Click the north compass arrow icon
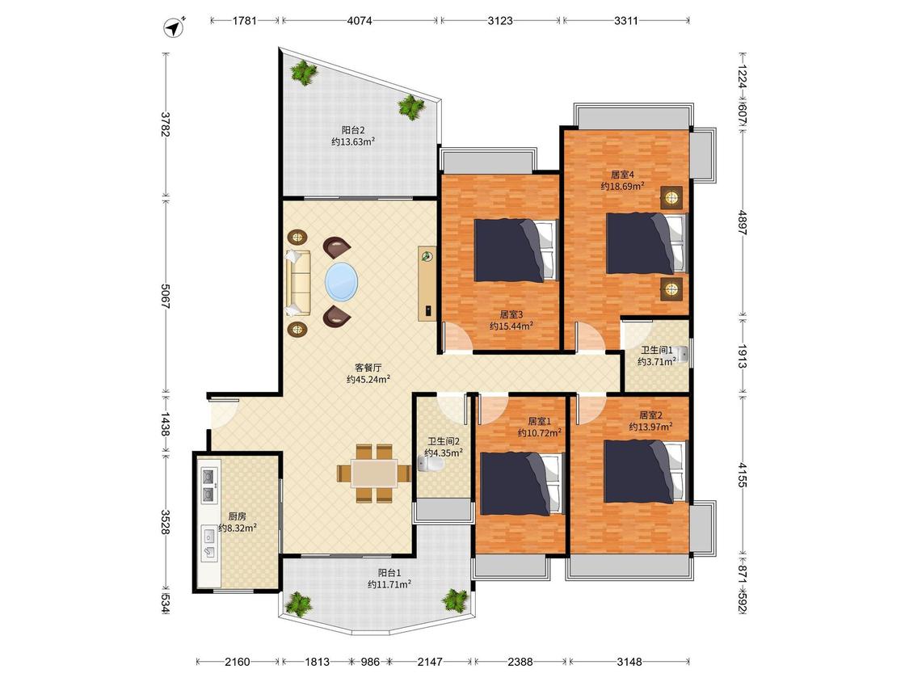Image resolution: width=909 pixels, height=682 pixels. click(174, 27)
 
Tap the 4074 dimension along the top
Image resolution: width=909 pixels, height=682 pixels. click(360, 21)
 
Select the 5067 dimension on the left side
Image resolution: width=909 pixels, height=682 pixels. click(165, 297)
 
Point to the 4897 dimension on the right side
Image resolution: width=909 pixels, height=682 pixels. click(743, 221)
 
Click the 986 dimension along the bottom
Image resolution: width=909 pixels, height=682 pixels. click(370, 661)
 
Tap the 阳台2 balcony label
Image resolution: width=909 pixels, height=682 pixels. click(352, 130)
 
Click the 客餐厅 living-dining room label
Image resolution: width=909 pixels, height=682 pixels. click(368, 368)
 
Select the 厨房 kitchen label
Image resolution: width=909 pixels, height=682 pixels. click(237, 516)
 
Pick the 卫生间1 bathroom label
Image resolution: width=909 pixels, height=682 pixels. click(656, 350)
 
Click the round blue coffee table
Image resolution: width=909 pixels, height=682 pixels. click(342, 282)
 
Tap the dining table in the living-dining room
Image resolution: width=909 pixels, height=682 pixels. click(374, 473)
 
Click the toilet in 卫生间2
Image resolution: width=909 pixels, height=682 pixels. click(430, 463)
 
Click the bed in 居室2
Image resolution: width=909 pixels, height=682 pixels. click(646, 471)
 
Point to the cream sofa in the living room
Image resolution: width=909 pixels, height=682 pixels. click(298, 283)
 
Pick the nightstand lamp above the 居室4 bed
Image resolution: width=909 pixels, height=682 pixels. click(671, 198)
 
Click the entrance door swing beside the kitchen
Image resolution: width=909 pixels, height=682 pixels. click(222, 413)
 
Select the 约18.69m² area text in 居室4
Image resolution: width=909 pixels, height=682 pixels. click(623, 186)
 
